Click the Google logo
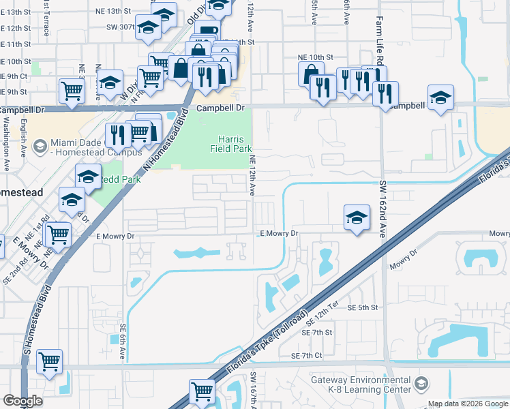(x=22, y=401)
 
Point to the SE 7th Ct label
(x=306, y=356)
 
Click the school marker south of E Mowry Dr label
(x=356, y=217)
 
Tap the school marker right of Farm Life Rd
(x=440, y=97)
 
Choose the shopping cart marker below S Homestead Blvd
(x=50, y=362)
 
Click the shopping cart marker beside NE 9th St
(x=72, y=90)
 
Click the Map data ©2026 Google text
(x=468, y=404)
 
